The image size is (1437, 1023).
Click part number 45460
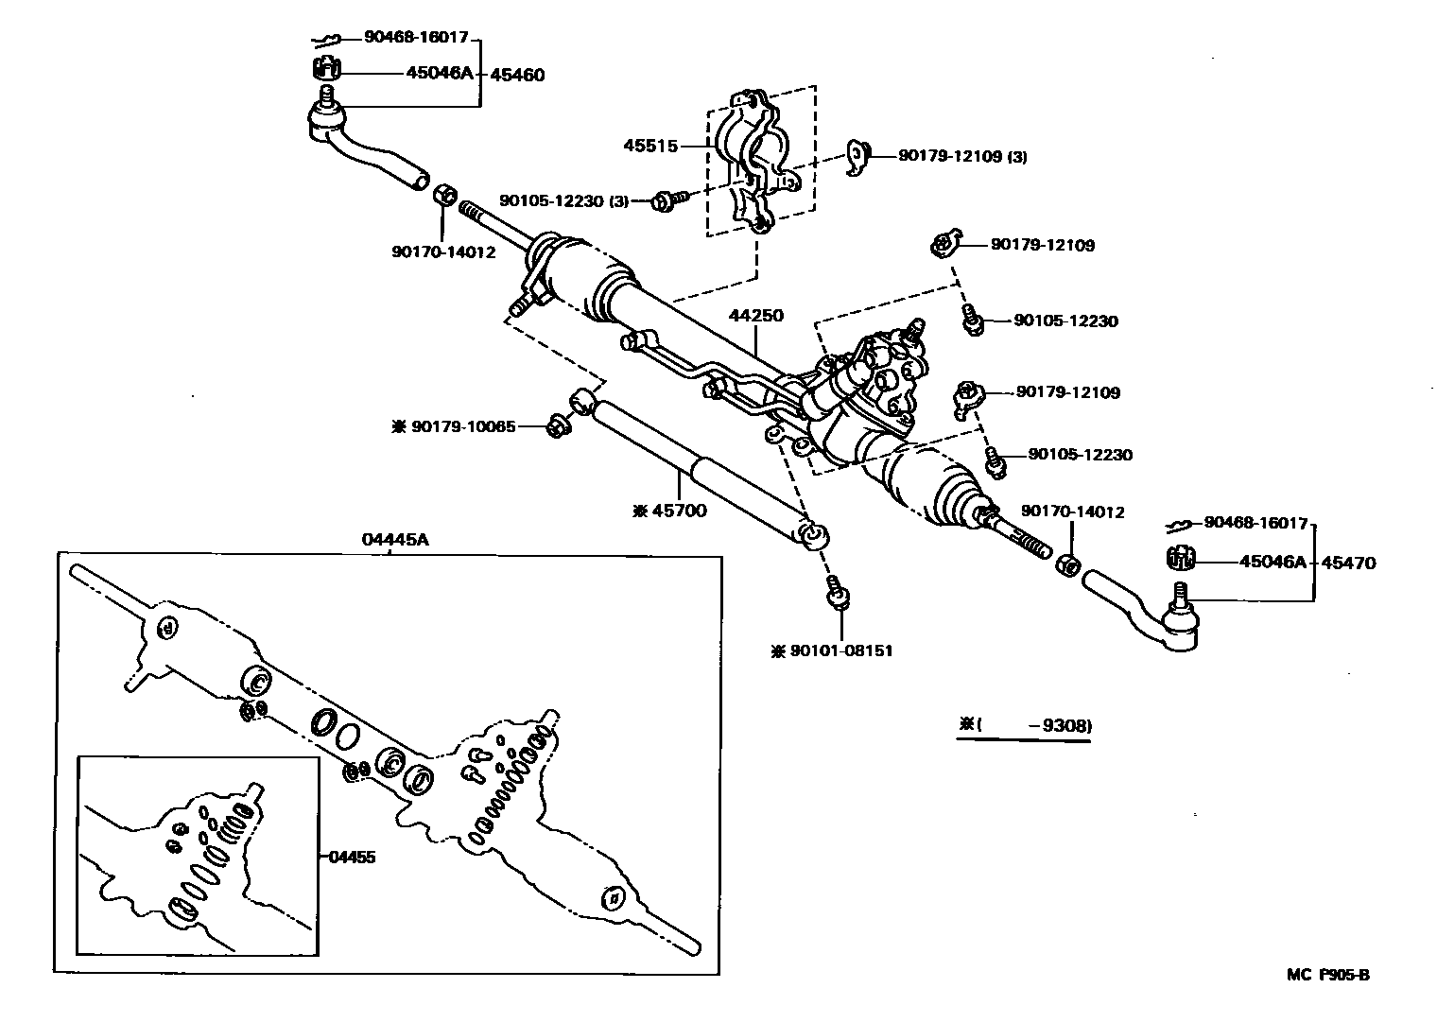[515, 75]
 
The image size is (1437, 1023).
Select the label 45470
[1348, 564]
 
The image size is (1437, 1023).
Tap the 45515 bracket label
[650, 146]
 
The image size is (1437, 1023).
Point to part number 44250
[755, 315]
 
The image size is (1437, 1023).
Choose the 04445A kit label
[394, 540]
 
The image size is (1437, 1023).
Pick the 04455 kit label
[352, 858]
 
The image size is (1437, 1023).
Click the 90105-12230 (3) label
[563, 200]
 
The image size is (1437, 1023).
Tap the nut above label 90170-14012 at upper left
[443, 197]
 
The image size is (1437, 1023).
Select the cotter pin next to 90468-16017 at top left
[326, 40]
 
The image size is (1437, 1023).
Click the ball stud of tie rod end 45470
[1179, 597]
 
